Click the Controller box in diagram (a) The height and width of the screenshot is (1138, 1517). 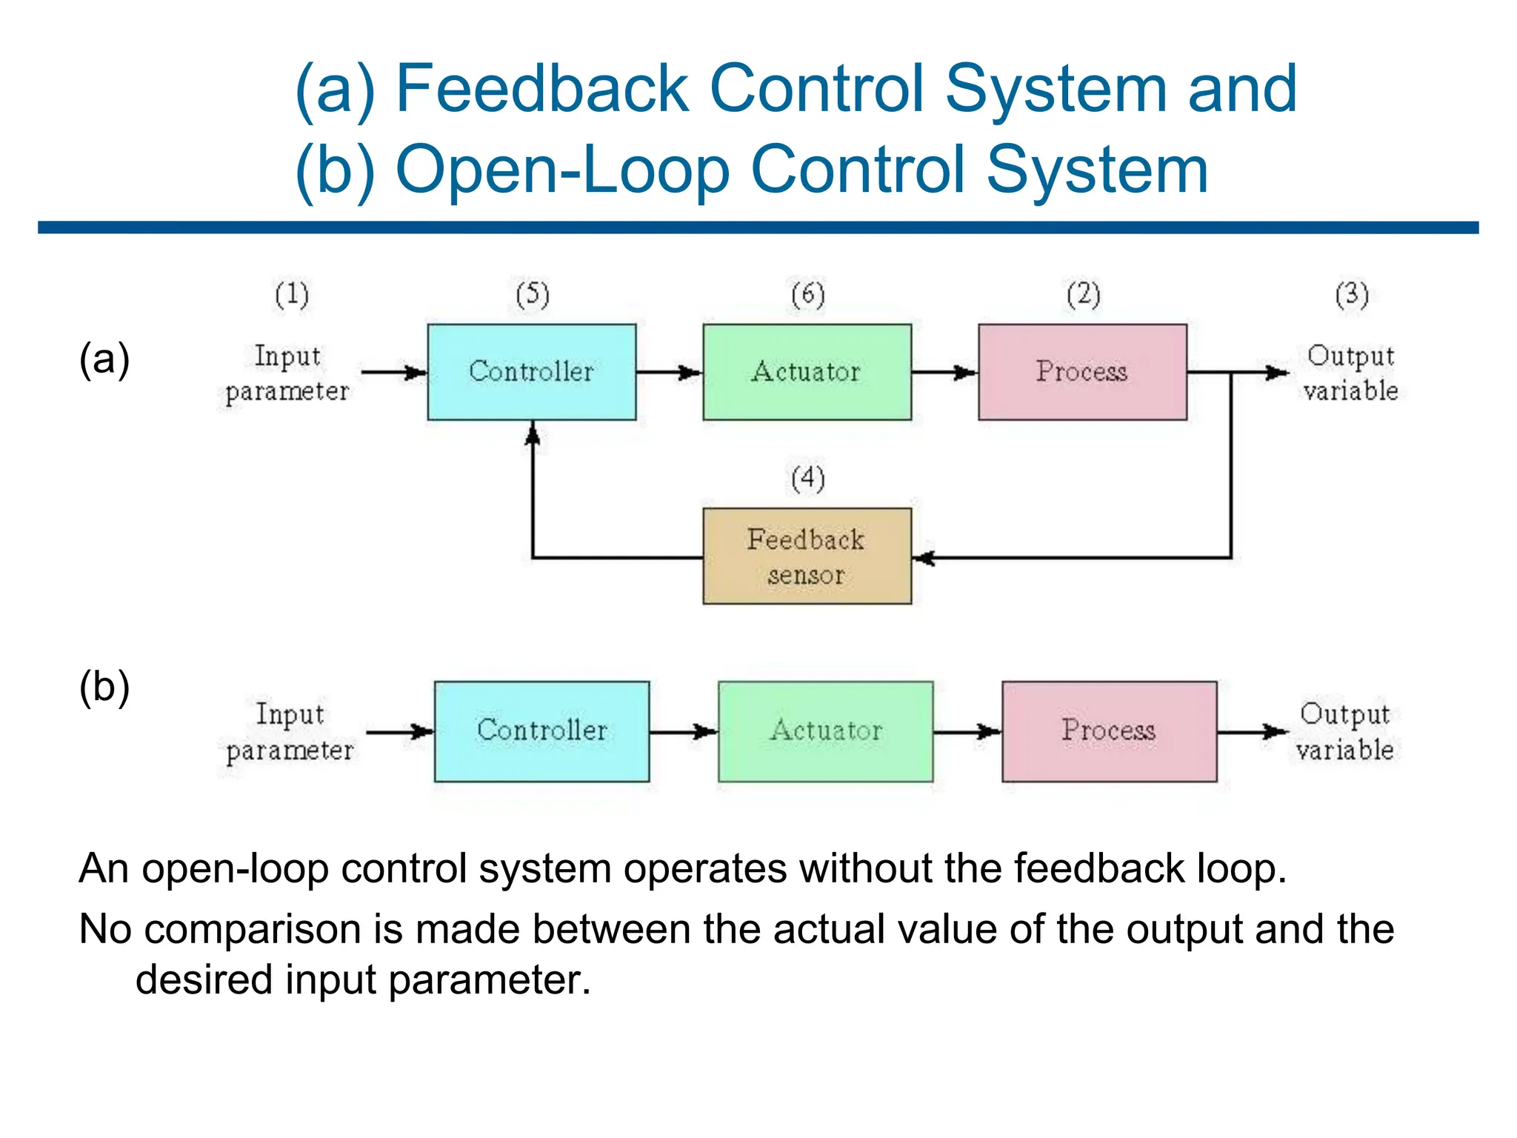(x=531, y=372)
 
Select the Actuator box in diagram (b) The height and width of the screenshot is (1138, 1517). (x=825, y=731)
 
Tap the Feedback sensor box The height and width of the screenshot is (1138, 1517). (x=807, y=556)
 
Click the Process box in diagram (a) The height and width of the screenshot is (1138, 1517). (x=1082, y=372)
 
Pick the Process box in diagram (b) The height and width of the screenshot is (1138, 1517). (x=1109, y=731)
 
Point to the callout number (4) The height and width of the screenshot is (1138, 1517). (x=807, y=479)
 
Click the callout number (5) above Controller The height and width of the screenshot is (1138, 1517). (x=533, y=295)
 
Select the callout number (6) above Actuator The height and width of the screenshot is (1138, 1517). (x=807, y=295)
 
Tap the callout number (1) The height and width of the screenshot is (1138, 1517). (x=292, y=295)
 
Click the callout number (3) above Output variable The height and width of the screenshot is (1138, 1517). (x=1351, y=295)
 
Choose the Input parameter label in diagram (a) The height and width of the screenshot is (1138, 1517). (x=287, y=373)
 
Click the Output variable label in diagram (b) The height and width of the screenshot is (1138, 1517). (x=1344, y=732)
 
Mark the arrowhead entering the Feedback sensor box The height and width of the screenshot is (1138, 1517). (x=922, y=558)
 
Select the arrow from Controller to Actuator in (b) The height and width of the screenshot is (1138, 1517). (x=683, y=732)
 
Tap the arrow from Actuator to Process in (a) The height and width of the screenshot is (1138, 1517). (x=944, y=373)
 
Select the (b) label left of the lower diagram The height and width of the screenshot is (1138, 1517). (x=104, y=687)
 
